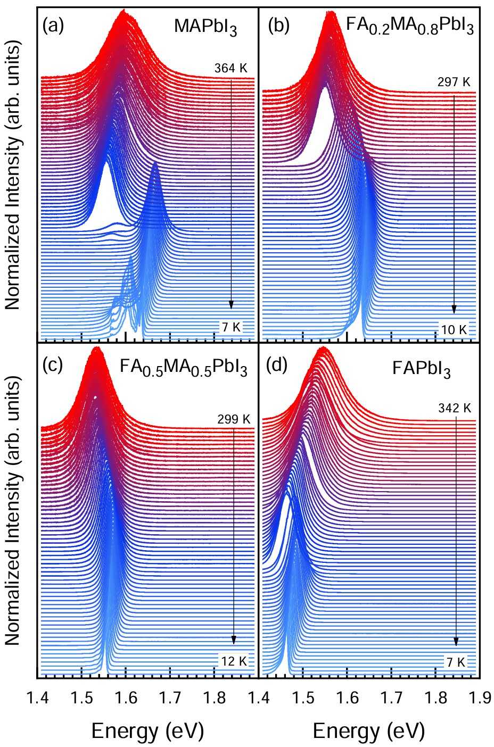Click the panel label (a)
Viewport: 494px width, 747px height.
pos(53,26)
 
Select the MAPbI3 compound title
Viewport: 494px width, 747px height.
pos(205,27)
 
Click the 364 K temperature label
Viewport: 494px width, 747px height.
pos(231,68)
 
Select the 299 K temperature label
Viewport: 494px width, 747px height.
pos(234,419)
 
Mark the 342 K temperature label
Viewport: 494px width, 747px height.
pos(455,409)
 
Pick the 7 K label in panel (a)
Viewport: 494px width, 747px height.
pos(232,327)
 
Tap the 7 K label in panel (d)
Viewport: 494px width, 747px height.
pos(456,662)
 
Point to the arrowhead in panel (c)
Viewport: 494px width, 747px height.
pos(234,640)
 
